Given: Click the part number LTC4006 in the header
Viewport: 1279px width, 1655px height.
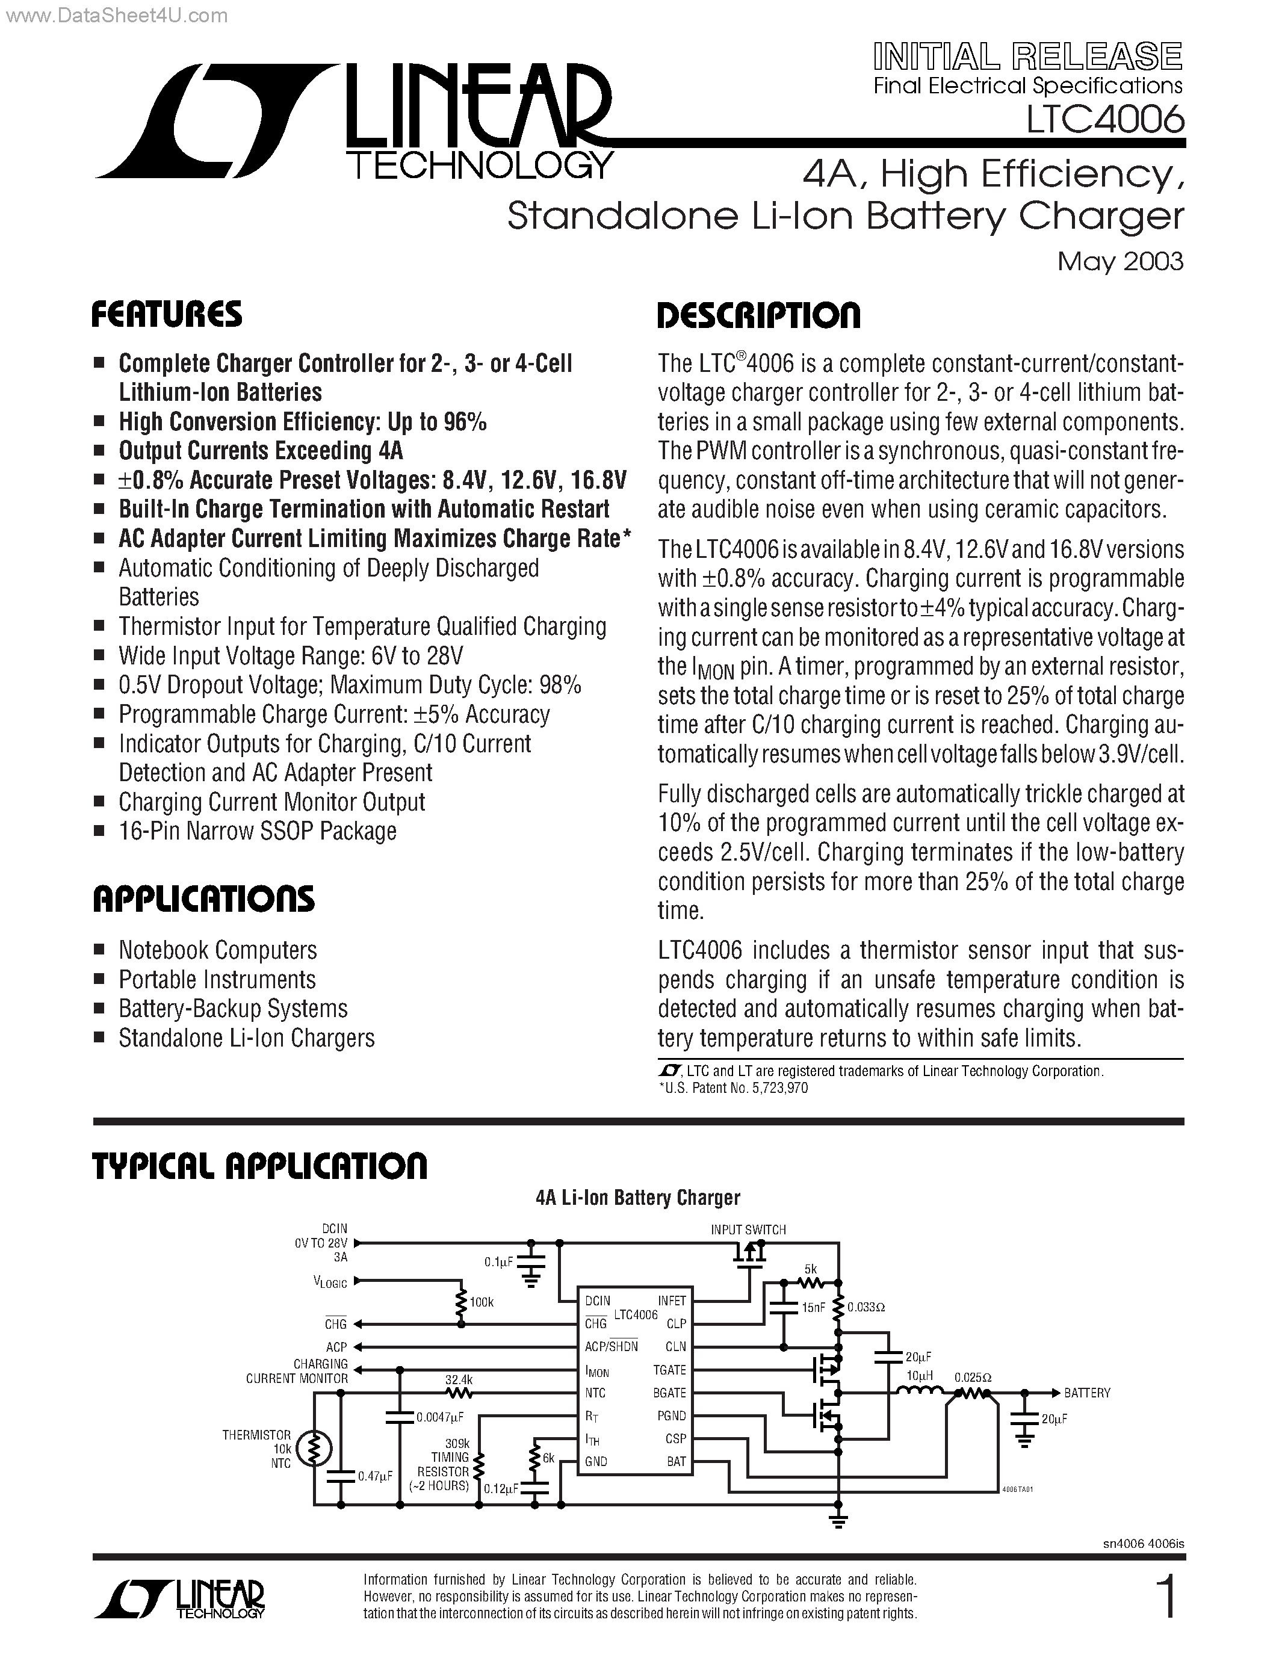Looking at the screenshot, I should [1104, 119].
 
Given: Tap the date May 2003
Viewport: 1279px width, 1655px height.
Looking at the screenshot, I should [1120, 261].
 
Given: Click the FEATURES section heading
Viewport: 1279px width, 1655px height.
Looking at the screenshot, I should [167, 315].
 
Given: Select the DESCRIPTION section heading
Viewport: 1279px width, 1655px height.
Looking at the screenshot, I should [758, 315].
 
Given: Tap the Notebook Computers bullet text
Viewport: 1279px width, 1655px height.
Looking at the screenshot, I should [217, 950].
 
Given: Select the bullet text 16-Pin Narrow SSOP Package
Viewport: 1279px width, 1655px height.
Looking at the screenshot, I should [258, 831].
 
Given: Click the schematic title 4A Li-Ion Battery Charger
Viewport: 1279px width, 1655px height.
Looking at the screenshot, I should [637, 1198].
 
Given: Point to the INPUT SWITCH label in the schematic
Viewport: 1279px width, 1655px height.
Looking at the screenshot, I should [748, 1230].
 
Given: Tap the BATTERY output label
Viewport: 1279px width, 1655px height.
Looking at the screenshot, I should [1086, 1393].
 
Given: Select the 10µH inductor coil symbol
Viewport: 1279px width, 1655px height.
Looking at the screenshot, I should [919, 1391].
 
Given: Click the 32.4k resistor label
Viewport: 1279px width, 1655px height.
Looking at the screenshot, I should [459, 1380].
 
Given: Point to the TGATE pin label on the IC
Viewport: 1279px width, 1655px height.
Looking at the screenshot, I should [669, 1369].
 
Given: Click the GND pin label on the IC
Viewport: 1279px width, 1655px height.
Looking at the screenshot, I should [595, 1461].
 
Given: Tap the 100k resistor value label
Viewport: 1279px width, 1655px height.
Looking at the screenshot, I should [481, 1302].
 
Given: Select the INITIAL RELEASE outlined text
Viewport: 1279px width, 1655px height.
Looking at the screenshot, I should [1027, 57].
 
